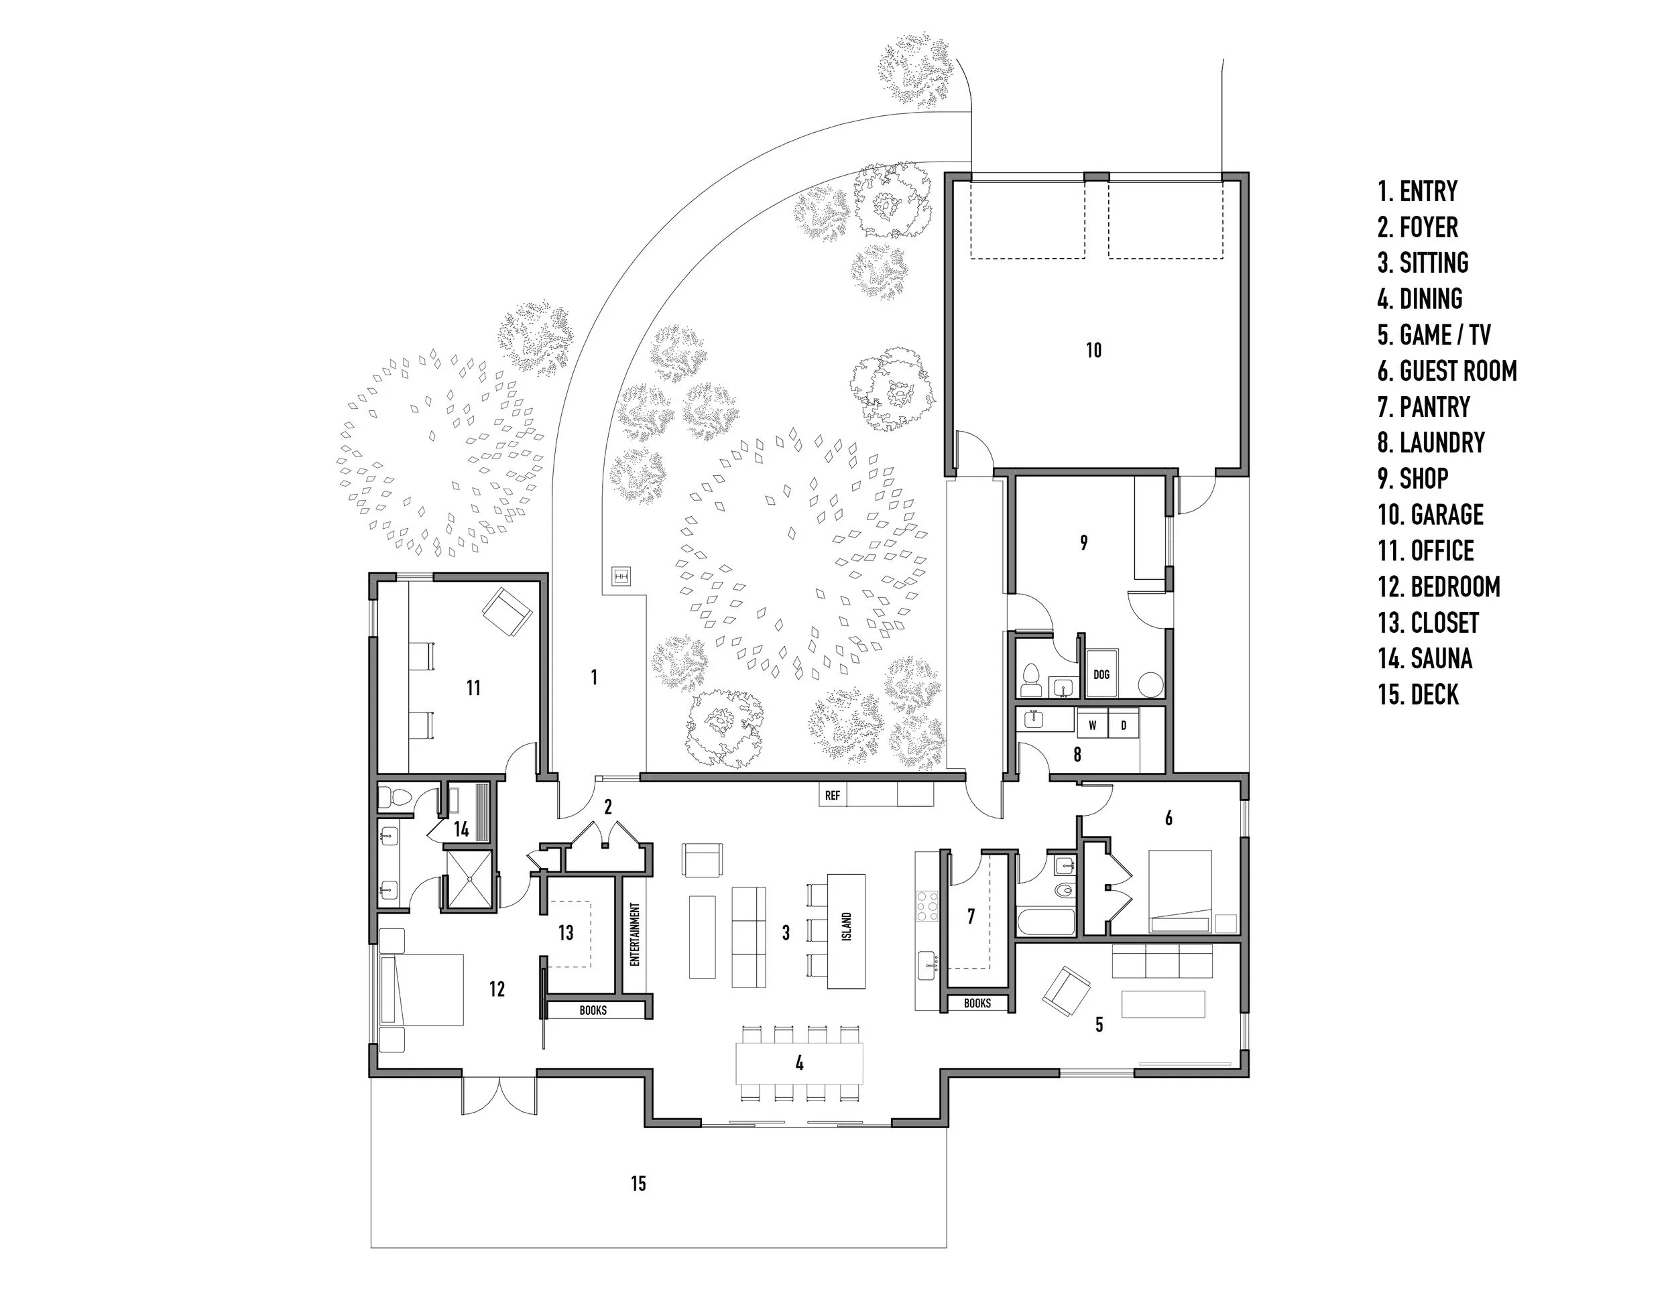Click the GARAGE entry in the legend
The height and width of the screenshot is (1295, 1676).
click(1431, 515)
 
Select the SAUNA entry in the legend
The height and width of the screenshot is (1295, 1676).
click(1425, 659)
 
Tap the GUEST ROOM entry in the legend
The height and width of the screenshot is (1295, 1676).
click(1447, 371)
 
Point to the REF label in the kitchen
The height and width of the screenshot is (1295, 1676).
click(833, 796)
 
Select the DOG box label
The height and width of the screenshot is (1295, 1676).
click(1101, 675)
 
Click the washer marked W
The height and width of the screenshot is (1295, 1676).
click(1093, 725)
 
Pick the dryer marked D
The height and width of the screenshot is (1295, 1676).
click(1124, 725)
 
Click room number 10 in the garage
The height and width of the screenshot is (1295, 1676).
click(1093, 351)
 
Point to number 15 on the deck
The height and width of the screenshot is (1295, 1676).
click(638, 1184)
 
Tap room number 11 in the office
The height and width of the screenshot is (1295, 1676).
click(473, 688)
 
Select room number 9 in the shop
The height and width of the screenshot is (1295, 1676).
click(1083, 543)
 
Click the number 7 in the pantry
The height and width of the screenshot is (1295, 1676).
click(971, 916)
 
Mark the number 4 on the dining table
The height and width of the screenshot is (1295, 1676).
click(800, 1062)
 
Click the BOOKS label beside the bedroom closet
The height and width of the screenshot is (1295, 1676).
click(593, 1010)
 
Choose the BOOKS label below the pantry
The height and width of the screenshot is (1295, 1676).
click(977, 1003)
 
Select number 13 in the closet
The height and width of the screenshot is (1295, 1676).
click(566, 932)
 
